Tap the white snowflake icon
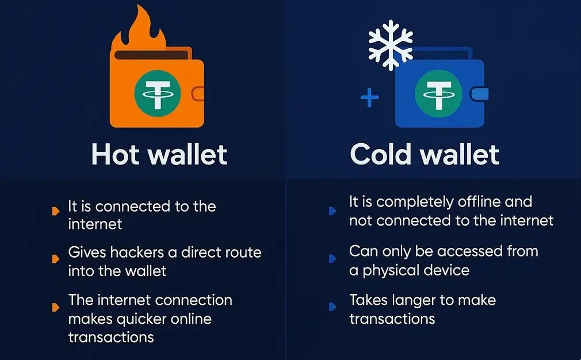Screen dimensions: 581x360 (x=391, y=45)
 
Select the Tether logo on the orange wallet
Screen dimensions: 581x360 (x=158, y=93)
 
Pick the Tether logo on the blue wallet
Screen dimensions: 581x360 (x=438, y=93)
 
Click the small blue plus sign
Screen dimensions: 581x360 (x=369, y=98)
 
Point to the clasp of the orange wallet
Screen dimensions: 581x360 (x=198, y=94)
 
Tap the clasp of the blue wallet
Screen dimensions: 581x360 (x=479, y=94)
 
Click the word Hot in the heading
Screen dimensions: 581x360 (x=117, y=155)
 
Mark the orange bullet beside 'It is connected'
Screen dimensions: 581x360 (x=56, y=211)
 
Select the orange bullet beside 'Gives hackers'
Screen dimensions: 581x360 (x=56, y=259)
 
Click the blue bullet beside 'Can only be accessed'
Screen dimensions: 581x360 (x=332, y=258)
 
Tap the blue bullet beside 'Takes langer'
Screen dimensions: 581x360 (x=332, y=307)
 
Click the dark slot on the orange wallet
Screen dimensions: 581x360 (x=151, y=55)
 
